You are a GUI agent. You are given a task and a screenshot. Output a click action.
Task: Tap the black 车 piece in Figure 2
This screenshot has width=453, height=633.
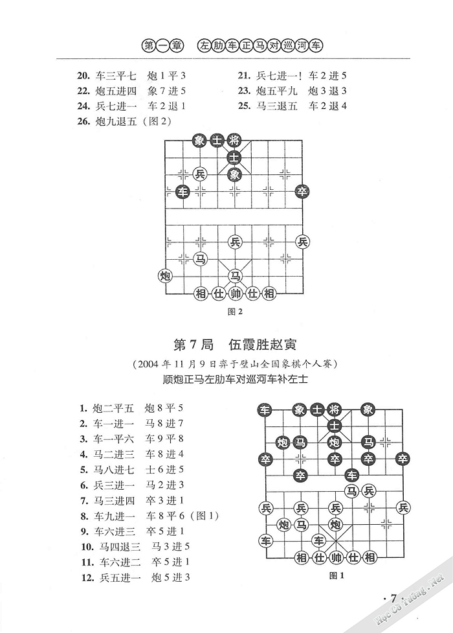tap(183, 192)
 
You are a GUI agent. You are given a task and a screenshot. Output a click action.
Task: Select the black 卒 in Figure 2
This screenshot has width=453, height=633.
tap(302, 191)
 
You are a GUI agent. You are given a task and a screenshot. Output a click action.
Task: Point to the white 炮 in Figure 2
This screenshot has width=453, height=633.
tap(166, 276)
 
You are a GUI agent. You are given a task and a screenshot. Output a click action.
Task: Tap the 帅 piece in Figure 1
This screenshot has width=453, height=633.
tap(335, 557)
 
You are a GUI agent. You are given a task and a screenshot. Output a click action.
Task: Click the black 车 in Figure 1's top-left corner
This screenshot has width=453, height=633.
tap(264, 409)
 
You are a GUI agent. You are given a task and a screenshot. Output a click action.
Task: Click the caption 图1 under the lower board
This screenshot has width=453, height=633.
tap(335, 575)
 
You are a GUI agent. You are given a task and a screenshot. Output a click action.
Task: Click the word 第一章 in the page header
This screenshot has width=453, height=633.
tap(161, 46)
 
